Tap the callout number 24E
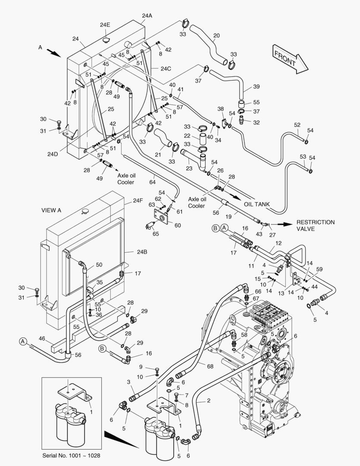pos(105,25)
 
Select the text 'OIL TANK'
pos(257,204)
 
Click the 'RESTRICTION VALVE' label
pos(315,226)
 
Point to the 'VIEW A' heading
pos(51,211)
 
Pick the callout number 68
pos(210,366)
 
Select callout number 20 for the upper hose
pos(216,35)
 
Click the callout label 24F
pos(138,200)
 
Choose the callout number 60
pos(178,224)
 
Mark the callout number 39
pos(256,87)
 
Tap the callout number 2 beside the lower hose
pos(209,401)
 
